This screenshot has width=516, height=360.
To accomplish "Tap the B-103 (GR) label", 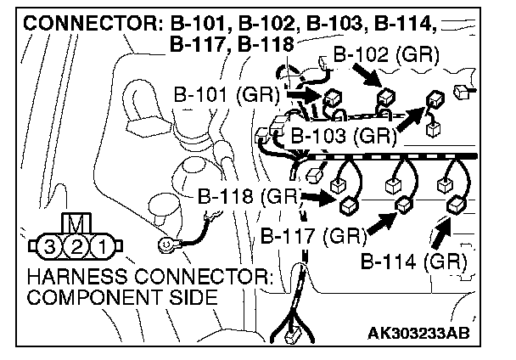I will point(343,135).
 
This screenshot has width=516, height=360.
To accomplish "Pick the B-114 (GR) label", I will point(412,260).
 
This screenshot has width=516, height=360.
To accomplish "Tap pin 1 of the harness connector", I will point(99,247).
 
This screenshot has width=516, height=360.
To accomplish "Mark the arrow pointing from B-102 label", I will point(367,82).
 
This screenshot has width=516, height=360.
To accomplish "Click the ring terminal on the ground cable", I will point(166,246).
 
